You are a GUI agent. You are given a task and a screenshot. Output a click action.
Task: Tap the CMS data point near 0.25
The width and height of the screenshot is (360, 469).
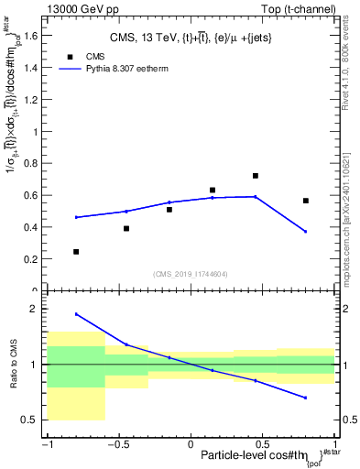click(x=76, y=251)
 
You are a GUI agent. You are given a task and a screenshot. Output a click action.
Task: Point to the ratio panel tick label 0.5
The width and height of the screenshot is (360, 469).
click(x=33, y=420)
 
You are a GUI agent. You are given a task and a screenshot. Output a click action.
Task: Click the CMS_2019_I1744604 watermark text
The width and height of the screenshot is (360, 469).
click(x=191, y=273)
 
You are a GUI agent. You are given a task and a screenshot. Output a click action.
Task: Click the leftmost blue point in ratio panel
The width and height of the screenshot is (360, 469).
click(x=76, y=314)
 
